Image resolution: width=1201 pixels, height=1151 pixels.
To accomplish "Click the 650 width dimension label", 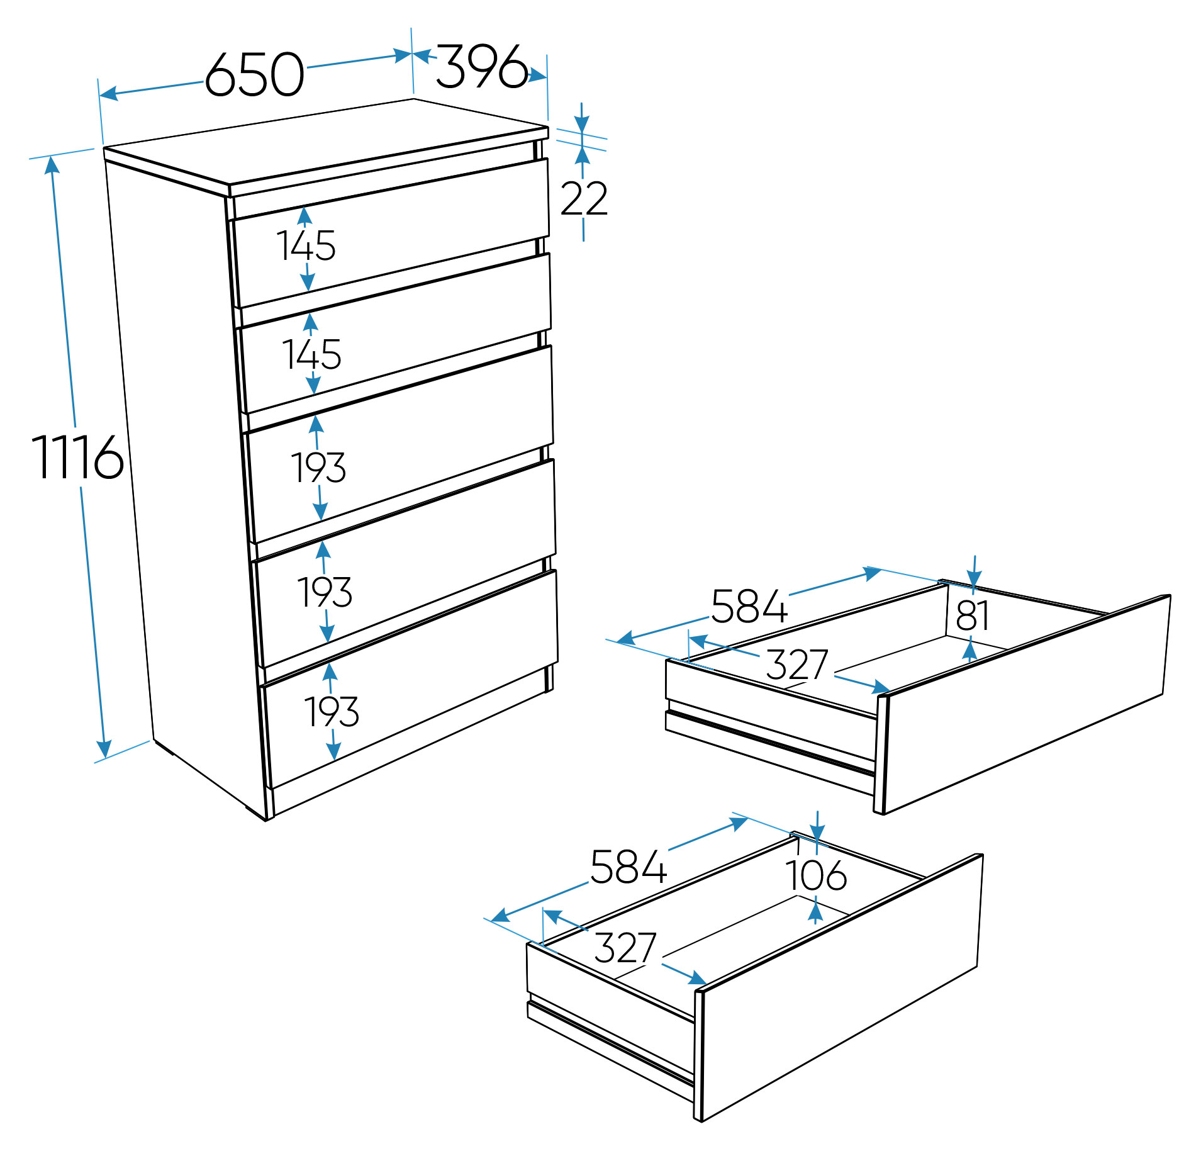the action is pyautogui.click(x=255, y=74).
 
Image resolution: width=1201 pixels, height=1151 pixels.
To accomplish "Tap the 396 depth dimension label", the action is pyautogui.click(x=481, y=65).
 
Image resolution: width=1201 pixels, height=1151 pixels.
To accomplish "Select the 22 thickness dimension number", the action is pyautogui.click(x=584, y=199).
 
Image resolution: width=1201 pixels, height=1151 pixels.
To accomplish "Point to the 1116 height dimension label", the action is pyautogui.click(x=77, y=456).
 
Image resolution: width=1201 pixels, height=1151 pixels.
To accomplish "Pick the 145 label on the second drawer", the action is pyautogui.click(x=311, y=354).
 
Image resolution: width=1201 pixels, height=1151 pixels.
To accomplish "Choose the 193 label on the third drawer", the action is pyautogui.click(x=318, y=468).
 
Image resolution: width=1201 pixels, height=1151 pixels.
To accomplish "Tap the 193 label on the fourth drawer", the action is pyautogui.click(x=325, y=592).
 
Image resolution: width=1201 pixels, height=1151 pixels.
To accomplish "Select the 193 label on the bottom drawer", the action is pyautogui.click(x=332, y=712).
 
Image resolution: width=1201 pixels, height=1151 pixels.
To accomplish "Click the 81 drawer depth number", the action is pyautogui.click(x=973, y=615).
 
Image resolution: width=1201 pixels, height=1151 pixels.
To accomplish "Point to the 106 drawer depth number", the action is pyautogui.click(x=816, y=875).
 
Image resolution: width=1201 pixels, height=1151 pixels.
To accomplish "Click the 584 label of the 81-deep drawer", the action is pyautogui.click(x=749, y=607).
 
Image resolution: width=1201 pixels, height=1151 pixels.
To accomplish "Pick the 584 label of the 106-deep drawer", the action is pyautogui.click(x=628, y=867).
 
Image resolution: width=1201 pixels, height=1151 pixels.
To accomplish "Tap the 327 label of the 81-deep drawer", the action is pyautogui.click(x=796, y=665).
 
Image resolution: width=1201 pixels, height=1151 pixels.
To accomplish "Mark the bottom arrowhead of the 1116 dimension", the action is pyautogui.click(x=104, y=750).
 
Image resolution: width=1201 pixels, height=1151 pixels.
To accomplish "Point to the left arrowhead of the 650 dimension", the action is pyautogui.click(x=109, y=94).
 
